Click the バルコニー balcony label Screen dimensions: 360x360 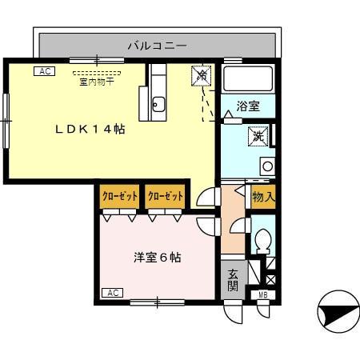pos(157,46)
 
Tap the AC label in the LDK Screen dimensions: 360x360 pos(44,71)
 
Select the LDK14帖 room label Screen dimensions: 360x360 pos(89,129)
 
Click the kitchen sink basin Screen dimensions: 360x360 pos(158,103)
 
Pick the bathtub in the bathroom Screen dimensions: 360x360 pos(247,79)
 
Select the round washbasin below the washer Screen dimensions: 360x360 pos(267,166)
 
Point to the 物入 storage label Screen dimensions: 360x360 pos(263,196)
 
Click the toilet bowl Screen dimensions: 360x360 pos(262,241)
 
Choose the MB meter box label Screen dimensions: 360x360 pos(262,295)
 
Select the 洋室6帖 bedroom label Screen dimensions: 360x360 pos(157,258)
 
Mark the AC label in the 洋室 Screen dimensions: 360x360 pos(113,293)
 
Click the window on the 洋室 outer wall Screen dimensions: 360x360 pos(157,302)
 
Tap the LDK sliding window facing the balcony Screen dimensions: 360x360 pos(97,60)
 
